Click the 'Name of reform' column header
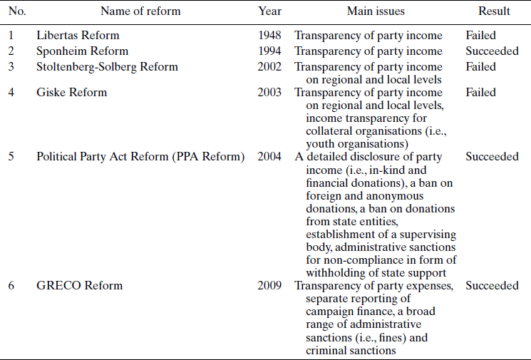[x=140, y=11]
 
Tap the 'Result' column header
[x=494, y=11]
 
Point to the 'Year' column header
[x=269, y=11]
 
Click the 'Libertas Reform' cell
[x=78, y=36]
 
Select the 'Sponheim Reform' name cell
[x=82, y=51]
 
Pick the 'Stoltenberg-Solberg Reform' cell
[x=107, y=67]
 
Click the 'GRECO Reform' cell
[x=79, y=286]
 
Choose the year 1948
[x=269, y=36]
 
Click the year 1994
[x=269, y=51]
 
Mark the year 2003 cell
[x=269, y=93]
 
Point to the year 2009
[x=269, y=286]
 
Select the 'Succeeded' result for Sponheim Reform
[x=492, y=51]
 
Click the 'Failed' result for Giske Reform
[x=480, y=93]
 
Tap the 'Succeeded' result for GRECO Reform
[x=492, y=286]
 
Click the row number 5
[x=11, y=157]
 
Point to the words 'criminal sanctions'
[x=351, y=350]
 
